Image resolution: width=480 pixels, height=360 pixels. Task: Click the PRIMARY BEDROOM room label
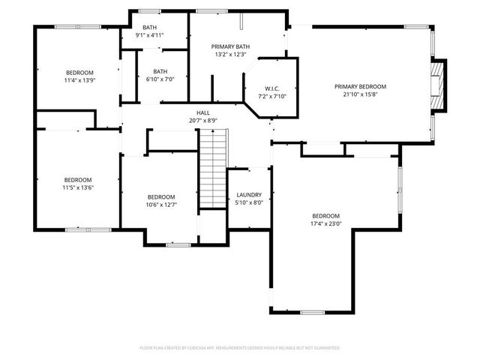coord(360,86)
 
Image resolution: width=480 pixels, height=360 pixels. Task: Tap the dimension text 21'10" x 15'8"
coord(360,94)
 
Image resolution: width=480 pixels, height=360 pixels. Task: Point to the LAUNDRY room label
coord(249,193)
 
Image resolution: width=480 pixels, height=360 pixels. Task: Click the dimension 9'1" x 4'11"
coord(150,34)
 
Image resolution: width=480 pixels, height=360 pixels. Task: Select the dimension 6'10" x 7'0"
coord(160,79)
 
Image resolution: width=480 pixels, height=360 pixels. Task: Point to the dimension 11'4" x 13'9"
coord(79,80)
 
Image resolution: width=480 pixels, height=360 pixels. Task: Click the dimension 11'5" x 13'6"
coord(78,187)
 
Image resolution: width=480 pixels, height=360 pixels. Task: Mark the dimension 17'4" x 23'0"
coord(326,223)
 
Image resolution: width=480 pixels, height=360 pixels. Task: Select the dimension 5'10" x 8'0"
coord(249,202)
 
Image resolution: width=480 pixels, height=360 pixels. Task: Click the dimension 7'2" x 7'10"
coord(271,96)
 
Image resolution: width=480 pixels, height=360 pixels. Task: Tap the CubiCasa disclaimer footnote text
coord(240,348)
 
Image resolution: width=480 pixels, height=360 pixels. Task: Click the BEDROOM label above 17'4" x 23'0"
coord(326,215)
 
